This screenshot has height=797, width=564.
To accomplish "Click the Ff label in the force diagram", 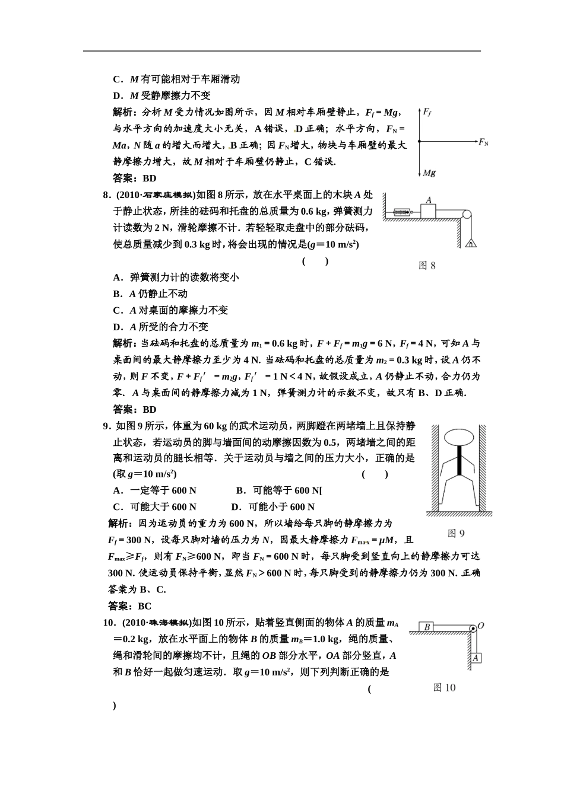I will pyautogui.click(x=427, y=111).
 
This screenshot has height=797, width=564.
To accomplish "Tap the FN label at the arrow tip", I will pyautogui.click(x=484, y=142).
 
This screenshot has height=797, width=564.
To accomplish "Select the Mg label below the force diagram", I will pyautogui.click(x=429, y=173).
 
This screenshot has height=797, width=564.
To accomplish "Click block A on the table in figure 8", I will pyautogui.click(x=429, y=212).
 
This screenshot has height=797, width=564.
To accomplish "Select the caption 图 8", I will pyautogui.click(x=427, y=266).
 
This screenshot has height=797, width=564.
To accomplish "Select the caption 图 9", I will pyautogui.click(x=456, y=534).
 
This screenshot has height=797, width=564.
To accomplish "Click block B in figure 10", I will pyautogui.click(x=427, y=627).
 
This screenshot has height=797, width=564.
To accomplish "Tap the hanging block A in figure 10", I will pyautogui.click(x=476, y=658).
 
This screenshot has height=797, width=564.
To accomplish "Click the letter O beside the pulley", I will pyautogui.click(x=481, y=625).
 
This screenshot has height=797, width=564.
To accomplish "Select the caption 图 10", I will pyautogui.click(x=445, y=688).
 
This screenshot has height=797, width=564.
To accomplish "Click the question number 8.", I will pyautogui.click(x=106, y=195).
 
